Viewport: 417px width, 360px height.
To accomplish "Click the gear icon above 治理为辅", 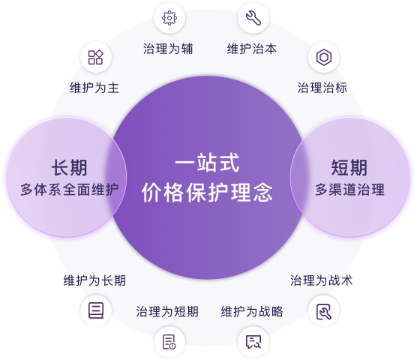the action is click(x=169, y=18).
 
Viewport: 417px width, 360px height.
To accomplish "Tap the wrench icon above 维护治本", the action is click(x=253, y=18).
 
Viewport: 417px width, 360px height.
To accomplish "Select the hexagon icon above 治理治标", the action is click(x=324, y=57).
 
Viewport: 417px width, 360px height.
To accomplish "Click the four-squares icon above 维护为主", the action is click(x=96, y=57).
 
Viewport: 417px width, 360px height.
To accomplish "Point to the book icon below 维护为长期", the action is click(x=96, y=310).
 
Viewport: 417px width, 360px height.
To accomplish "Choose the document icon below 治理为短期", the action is click(x=169, y=342).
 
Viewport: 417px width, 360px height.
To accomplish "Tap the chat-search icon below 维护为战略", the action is click(x=253, y=342).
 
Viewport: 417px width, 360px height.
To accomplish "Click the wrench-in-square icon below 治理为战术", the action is click(x=324, y=311).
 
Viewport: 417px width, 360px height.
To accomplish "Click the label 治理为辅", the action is click(x=168, y=49).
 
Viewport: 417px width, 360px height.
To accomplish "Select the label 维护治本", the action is click(x=252, y=49).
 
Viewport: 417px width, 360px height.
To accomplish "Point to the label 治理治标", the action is click(x=322, y=88).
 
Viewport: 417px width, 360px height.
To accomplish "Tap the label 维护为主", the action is click(x=94, y=88).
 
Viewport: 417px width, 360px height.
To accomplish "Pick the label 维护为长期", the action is click(x=94, y=280).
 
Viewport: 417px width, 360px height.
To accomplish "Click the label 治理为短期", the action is click(x=167, y=311).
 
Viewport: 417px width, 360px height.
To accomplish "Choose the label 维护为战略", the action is click(x=252, y=311).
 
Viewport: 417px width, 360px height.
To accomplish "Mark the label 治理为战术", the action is click(x=322, y=280).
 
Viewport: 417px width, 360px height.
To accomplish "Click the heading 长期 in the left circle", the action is click(x=70, y=168).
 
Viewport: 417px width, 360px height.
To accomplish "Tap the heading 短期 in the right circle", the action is click(x=349, y=168).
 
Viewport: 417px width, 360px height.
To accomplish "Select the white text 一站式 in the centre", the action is click(x=207, y=163).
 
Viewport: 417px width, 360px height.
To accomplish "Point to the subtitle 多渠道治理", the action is click(x=350, y=190).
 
